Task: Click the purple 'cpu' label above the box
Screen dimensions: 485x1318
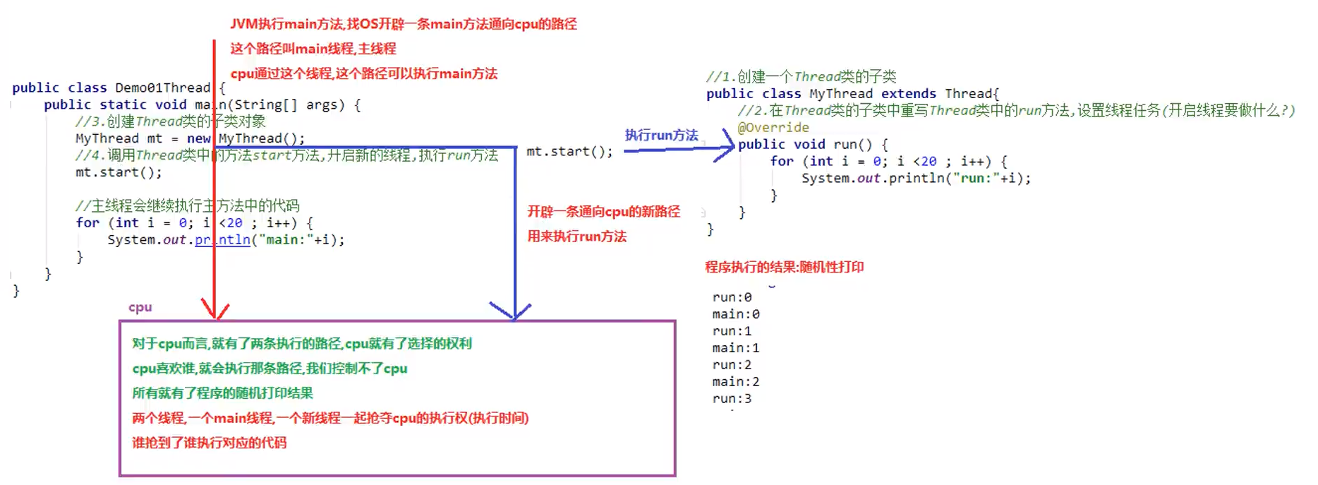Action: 140,307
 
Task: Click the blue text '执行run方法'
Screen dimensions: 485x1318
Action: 661,135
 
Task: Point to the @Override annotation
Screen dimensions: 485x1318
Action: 773,127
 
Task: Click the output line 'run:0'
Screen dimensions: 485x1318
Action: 732,297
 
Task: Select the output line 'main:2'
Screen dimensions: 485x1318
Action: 735,381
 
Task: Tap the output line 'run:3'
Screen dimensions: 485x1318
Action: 732,398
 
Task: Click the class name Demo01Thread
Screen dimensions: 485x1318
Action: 162,88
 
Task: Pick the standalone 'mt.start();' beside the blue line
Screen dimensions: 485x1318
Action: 569,151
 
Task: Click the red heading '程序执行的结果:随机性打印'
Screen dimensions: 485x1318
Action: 784,267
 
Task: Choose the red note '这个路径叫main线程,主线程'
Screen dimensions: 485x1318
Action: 313,49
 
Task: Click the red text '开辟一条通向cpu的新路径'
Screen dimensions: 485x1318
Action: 603,212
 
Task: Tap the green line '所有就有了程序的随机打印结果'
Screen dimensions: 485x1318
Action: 222,393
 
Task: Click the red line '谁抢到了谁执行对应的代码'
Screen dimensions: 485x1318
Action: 209,443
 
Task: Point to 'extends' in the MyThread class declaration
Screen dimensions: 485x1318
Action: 908,93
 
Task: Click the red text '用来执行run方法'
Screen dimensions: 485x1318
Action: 576,236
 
